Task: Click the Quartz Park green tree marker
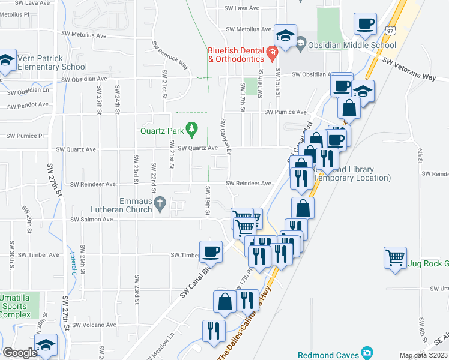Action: [x=191, y=128]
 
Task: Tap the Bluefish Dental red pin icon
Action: [x=271, y=53]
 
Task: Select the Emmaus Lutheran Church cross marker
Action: [x=160, y=204]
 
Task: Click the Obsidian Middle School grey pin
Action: [x=301, y=44]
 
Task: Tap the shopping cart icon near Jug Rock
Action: [x=396, y=259]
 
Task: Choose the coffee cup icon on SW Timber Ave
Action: [x=210, y=251]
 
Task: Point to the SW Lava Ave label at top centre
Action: [x=241, y=8]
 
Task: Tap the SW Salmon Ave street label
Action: [x=92, y=220]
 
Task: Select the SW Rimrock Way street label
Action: [x=170, y=56]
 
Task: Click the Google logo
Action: [x=20, y=352]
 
